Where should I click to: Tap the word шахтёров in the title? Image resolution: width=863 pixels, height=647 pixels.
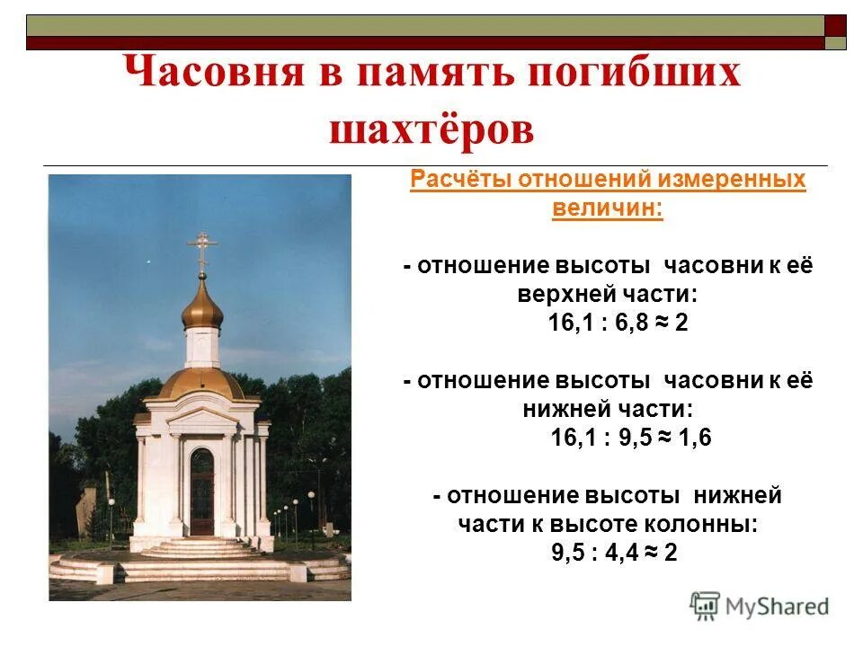[x=431, y=130]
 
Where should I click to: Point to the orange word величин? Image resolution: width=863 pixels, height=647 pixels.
[x=607, y=208]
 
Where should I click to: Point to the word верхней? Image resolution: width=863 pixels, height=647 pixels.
[x=562, y=295]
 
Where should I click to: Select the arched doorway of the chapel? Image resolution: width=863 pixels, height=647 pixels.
[x=202, y=490]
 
